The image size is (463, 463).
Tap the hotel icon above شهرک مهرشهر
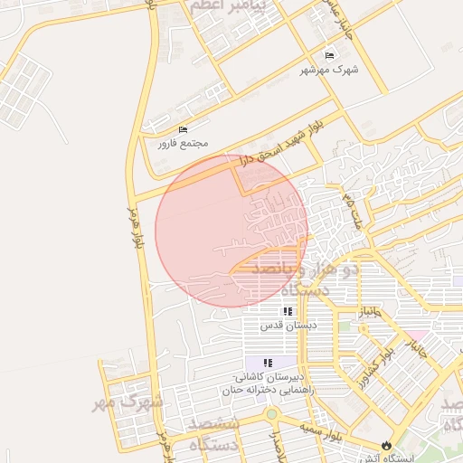tap(328, 55)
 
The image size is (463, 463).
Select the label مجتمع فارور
tap(183, 143)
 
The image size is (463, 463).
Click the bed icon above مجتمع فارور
tap(184, 129)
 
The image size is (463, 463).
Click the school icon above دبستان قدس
tap(288, 311)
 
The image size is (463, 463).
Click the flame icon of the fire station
tap(388, 445)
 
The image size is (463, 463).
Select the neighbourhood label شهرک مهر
tap(128, 401)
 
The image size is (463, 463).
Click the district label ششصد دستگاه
tap(213, 433)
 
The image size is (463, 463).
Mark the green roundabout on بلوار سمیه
tap(270, 415)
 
